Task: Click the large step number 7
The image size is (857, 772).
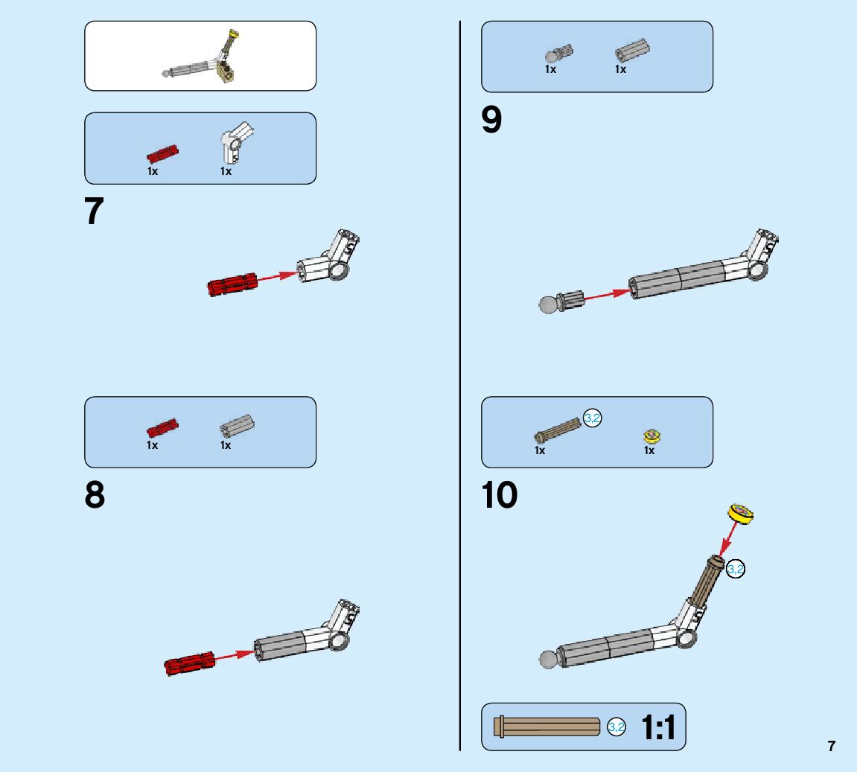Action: tap(95, 211)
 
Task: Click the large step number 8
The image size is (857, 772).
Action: tap(95, 495)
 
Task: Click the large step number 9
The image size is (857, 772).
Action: tap(491, 120)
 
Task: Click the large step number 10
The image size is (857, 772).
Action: tap(499, 495)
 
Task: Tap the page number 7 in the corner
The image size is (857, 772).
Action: tap(831, 746)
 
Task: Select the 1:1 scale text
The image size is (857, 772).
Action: tap(658, 728)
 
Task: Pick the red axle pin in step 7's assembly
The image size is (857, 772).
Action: tap(232, 284)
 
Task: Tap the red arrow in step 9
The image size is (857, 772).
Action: tap(607, 295)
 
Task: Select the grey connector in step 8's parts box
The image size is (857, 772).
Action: tap(237, 427)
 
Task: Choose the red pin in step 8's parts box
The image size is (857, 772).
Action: tap(162, 427)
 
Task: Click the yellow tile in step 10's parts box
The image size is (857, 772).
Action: tap(652, 436)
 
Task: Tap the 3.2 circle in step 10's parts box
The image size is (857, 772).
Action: tap(592, 418)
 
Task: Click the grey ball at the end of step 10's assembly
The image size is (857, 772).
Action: tap(549, 660)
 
